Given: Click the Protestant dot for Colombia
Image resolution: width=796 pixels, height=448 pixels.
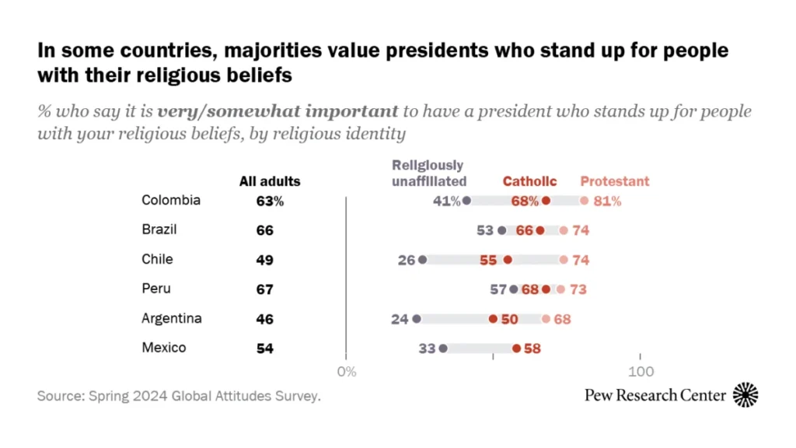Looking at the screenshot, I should [585, 201].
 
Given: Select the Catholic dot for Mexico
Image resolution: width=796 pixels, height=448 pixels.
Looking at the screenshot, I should [517, 348].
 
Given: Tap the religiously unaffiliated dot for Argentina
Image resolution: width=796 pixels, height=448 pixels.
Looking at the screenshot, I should [417, 319].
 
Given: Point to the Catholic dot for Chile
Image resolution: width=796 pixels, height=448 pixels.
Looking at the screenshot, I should [508, 260].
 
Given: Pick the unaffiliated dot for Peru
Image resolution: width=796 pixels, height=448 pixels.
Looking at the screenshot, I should [514, 289].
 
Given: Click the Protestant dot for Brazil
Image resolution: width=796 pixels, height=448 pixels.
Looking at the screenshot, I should [564, 230].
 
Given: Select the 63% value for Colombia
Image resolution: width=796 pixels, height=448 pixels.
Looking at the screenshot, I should [270, 201].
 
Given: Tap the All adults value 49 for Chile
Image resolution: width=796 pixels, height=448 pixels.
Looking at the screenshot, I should [265, 260].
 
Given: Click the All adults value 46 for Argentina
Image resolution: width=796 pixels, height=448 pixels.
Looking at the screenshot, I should [265, 319].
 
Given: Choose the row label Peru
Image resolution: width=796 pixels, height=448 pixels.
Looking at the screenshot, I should [156, 289].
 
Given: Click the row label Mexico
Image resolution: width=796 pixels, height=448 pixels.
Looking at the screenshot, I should [164, 348].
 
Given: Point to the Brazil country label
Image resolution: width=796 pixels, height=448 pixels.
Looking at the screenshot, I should [159, 229].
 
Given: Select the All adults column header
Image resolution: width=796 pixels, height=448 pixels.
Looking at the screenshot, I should [270, 181].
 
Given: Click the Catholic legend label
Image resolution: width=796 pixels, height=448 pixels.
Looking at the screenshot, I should [529, 181].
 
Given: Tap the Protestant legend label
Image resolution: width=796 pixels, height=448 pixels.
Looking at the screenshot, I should [615, 181].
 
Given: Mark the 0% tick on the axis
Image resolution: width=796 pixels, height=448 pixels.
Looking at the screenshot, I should [347, 372].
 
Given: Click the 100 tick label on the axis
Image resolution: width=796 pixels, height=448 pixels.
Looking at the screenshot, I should [641, 372].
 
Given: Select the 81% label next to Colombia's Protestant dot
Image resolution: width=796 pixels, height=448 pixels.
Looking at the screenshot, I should [607, 201].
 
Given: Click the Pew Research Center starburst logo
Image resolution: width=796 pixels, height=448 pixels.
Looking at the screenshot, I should [746, 395].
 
